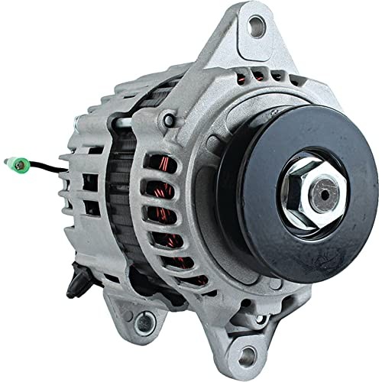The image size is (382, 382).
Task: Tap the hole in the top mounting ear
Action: pyautogui.click(x=257, y=26)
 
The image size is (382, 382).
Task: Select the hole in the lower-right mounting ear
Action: pyautogui.click(x=246, y=354)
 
